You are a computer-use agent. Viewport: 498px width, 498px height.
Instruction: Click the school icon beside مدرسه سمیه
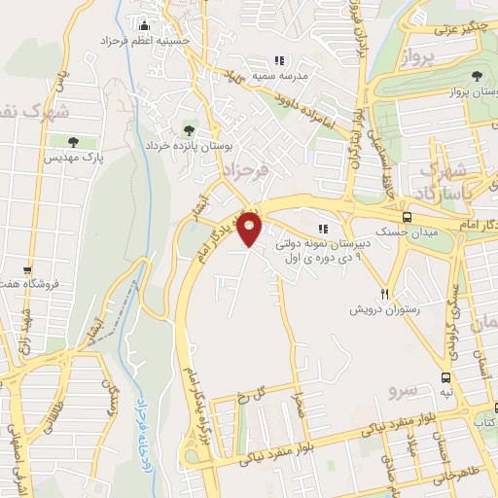(279, 60)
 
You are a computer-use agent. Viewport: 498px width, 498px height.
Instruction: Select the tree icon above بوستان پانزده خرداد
(188, 129)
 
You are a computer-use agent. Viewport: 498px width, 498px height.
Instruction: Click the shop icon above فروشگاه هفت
(28, 270)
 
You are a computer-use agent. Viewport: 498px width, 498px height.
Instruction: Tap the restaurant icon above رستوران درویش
(385, 294)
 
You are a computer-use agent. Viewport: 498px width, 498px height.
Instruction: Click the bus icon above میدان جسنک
(407, 218)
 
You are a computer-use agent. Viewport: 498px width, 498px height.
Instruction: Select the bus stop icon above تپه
(445, 376)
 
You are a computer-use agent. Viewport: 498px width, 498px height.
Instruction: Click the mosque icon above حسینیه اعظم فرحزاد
(144, 24)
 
